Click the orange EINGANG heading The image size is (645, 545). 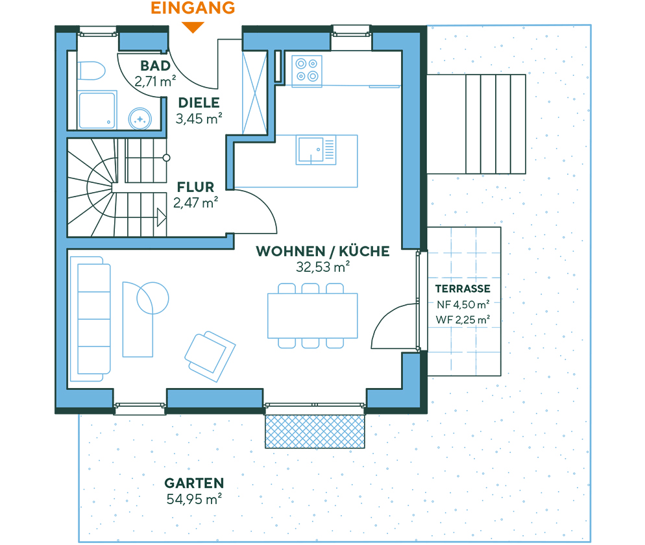[x=193, y=8]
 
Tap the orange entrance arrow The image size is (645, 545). [x=193, y=27]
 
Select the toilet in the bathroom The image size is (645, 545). [x=90, y=71]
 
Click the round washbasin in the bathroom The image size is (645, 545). [x=140, y=118]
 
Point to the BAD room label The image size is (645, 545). [x=155, y=66]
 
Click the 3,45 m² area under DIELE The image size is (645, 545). [x=199, y=118]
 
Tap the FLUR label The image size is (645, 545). [x=195, y=188]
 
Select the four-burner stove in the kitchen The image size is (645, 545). [x=307, y=70]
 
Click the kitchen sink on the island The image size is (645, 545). [x=316, y=149]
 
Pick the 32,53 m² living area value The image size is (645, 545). [x=323, y=267]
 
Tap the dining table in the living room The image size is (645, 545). [x=312, y=315]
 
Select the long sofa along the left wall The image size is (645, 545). [x=90, y=319]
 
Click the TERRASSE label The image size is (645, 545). [x=463, y=289]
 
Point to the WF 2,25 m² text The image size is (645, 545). [x=463, y=319]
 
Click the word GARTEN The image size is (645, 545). [x=194, y=483]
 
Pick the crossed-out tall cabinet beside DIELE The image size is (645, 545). [x=254, y=91]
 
